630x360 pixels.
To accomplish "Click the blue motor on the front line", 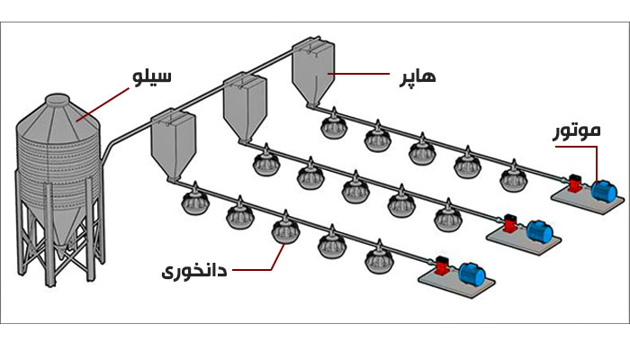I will coord(471,273).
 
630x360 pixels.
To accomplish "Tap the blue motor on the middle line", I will coord(539,230).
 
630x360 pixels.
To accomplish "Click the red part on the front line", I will coord(441,267).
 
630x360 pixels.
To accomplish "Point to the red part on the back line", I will coord(573,181).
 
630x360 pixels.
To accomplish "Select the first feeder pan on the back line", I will coord(333,125).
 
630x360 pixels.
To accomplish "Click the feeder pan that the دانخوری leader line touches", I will coord(284,229).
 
